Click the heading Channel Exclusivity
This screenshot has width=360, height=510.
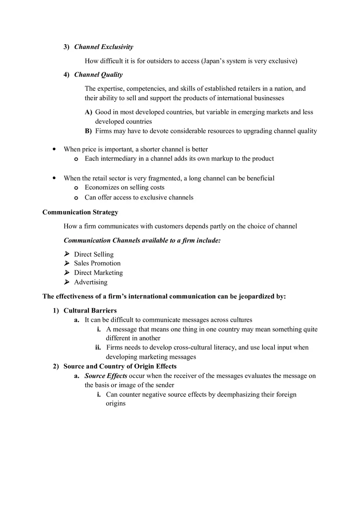click(103, 47)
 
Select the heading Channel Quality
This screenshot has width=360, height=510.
click(98, 74)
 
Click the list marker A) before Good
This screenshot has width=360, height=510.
click(88, 112)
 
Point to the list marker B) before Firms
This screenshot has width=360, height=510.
click(88, 131)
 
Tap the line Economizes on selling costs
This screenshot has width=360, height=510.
click(124, 187)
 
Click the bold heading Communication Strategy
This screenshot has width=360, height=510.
click(80, 212)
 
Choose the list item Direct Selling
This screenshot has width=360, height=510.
click(94, 254)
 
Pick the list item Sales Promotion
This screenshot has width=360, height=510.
click(97, 263)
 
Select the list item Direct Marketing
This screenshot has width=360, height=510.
click(98, 273)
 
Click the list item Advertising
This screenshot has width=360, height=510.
click(90, 282)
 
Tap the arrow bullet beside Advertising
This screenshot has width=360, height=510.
click(67, 282)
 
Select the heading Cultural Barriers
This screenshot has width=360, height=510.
click(90, 311)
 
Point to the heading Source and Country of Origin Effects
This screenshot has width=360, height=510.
click(120, 366)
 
